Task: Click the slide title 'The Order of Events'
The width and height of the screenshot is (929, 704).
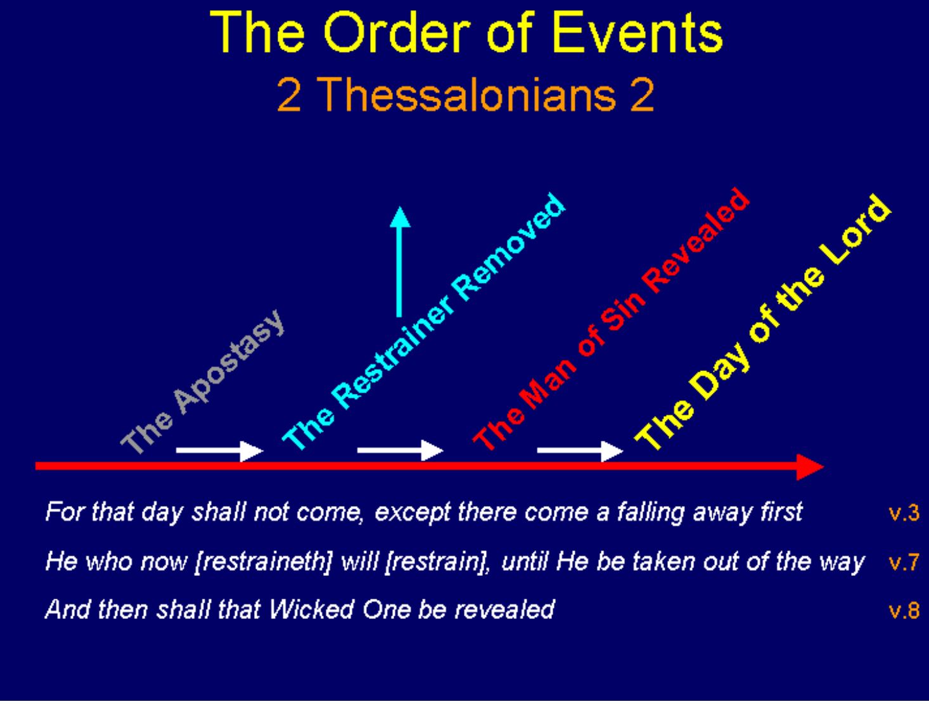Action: point(466,32)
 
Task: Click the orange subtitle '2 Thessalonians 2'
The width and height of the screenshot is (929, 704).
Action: point(466,95)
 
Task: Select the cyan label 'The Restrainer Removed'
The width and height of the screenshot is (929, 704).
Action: point(424,322)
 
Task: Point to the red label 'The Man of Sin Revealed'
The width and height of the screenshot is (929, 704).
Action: point(612,319)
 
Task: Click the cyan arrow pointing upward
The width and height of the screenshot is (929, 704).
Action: point(399,262)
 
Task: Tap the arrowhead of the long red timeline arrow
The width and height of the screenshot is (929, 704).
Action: point(810,467)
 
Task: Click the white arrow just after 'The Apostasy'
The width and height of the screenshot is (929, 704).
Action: point(220,451)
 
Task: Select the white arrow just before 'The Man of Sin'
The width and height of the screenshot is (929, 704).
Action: point(400,451)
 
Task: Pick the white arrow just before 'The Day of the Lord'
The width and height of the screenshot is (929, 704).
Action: point(580,451)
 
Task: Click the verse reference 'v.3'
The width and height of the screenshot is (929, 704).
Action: point(904,513)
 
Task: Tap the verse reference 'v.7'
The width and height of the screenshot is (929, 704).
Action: point(904,562)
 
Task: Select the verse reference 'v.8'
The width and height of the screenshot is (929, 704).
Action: point(904,610)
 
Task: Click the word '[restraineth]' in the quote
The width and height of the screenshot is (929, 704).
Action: point(264,563)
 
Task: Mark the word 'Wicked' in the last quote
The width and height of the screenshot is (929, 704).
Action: point(311,609)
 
